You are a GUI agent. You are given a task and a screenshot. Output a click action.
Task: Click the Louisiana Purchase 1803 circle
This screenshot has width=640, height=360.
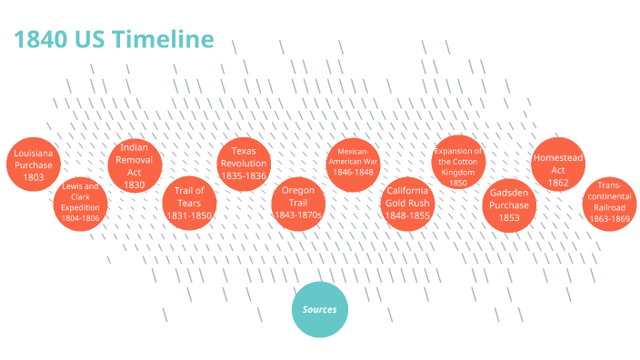pyautogui.click(x=33, y=165)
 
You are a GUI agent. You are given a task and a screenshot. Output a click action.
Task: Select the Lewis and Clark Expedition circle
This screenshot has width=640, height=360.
pyautogui.click(x=81, y=202)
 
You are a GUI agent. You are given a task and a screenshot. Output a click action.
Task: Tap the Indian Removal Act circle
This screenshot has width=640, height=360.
pyautogui.click(x=135, y=165)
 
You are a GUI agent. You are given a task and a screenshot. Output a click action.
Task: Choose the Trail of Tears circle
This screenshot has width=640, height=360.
pyautogui.click(x=189, y=202)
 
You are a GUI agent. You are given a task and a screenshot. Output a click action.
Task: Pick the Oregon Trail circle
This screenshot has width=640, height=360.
pyautogui.click(x=298, y=202)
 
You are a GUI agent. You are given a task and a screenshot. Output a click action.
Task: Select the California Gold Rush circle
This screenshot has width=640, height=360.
pyautogui.click(x=407, y=202)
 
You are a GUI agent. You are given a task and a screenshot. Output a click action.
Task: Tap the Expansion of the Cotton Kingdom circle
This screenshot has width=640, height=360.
pyautogui.click(x=458, y=164)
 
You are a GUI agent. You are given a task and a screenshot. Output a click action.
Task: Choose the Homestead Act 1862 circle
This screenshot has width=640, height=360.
pyautogui.click(x=557, y=165)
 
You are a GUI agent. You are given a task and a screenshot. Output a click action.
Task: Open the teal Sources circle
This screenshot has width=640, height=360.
pyautogui.click(x=320, y=309)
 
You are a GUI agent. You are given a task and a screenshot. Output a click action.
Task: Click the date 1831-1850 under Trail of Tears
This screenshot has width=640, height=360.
pyautogui.click(x=189, y=215)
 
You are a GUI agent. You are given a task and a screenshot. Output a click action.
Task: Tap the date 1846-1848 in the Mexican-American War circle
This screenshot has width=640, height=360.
pyautogui.click(x=352, y=172)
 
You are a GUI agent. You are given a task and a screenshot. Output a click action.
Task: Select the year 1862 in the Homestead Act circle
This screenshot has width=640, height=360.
pyautogui.click(x=557, y=183)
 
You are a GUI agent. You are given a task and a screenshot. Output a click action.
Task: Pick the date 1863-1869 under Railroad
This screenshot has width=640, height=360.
pyautogui.click(x=608, y=218)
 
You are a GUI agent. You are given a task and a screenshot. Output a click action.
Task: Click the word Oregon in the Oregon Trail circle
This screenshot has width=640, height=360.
pyautogui.click(x=298, y=190)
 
